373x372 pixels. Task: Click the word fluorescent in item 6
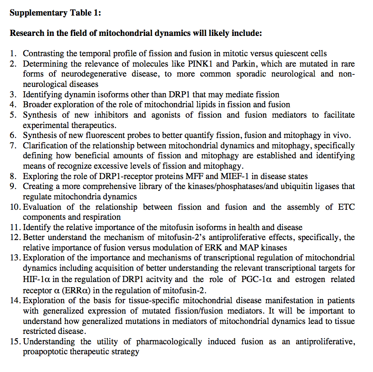click(x=106, y=135)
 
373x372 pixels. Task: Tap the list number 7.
click(x=13, y=145)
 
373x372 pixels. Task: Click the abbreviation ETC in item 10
click(x=346, y=207)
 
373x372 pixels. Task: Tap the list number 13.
click(x=16, y=258)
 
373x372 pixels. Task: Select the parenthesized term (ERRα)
click(x=74, y=289)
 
